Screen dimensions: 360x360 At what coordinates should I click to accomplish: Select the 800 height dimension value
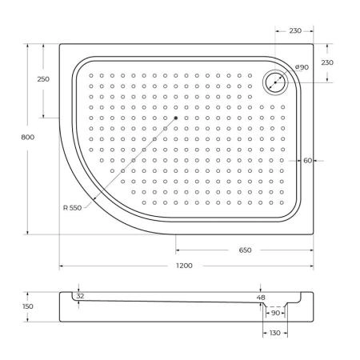coord(28,138)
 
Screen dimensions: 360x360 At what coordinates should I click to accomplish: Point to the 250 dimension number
coord(43,79)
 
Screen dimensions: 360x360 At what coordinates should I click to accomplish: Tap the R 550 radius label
coord(73,208)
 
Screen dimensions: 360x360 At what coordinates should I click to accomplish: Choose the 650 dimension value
coord(245,250)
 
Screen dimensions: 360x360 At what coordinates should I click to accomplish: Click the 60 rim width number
coord(307,160)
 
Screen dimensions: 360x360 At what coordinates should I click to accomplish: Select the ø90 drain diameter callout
coord(302,67)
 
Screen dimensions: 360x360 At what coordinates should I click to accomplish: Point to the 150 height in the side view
coord(29,306)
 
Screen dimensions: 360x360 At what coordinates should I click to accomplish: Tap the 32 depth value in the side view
coord(80,296)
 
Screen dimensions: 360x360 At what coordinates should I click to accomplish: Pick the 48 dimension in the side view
coord(260,298)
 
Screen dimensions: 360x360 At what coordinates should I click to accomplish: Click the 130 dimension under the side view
coord(274,332)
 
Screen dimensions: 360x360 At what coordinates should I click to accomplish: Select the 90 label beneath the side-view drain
coord(275,313)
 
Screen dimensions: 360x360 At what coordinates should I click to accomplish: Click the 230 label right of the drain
coord(326,62)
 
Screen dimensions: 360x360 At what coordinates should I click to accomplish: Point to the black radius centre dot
coord(174,118)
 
